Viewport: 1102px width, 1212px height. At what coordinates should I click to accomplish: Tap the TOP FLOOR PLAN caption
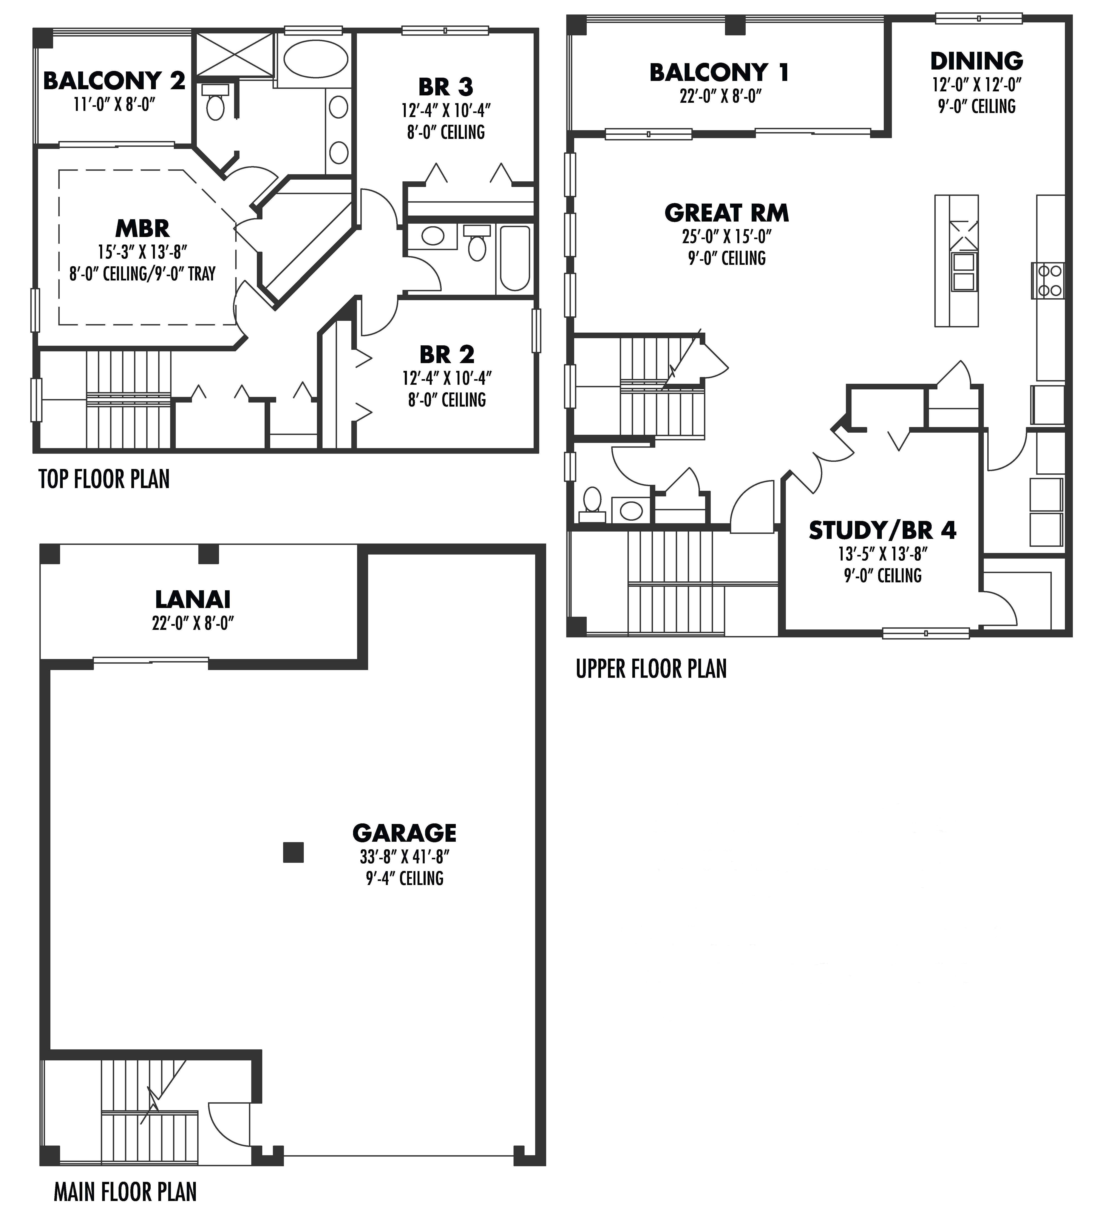[104, 479]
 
